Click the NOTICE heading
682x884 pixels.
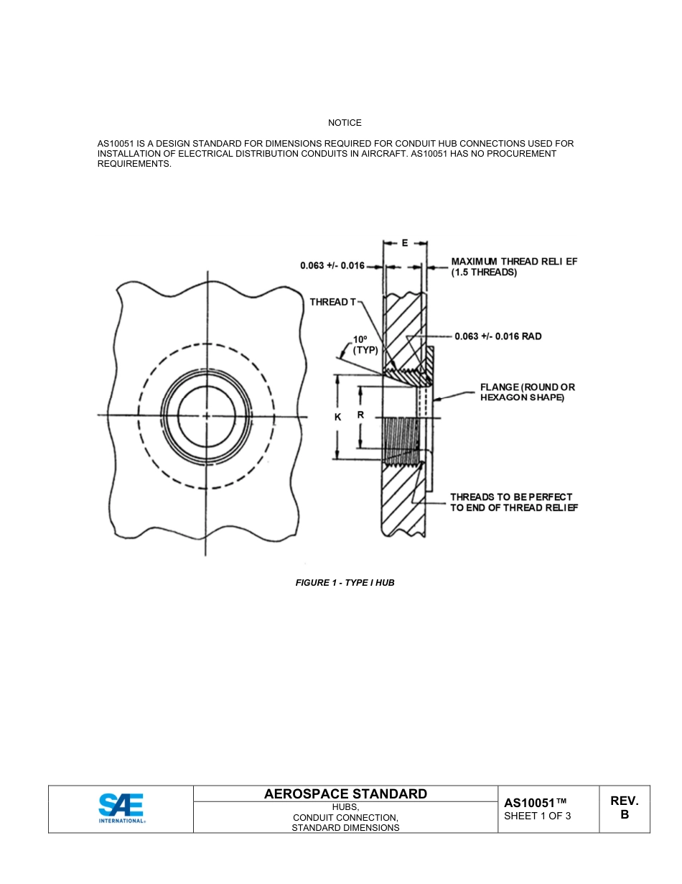[345, 123]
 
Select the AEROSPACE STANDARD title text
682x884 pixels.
[345, 793]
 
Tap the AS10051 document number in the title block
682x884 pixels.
[535, 803]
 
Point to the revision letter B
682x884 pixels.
[624, 815]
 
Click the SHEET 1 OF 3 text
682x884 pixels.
[538, 816]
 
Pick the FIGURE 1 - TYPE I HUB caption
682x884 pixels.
[345, 583]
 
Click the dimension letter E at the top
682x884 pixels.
[405, 243]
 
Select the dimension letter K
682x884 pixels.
[337, 418]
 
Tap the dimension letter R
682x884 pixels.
[360, 415]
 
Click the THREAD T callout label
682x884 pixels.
[332, 302]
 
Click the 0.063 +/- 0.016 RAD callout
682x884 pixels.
[498, 336]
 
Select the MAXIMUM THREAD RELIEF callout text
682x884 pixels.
[514, 267]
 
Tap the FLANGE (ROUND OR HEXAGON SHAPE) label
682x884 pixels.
[527, 392]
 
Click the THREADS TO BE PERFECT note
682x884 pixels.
[513, 502]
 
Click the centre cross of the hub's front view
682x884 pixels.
[207, 416]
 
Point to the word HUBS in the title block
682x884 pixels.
[345, 807]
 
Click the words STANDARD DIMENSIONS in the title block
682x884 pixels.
[345, 828]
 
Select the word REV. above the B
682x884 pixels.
[624, 801]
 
